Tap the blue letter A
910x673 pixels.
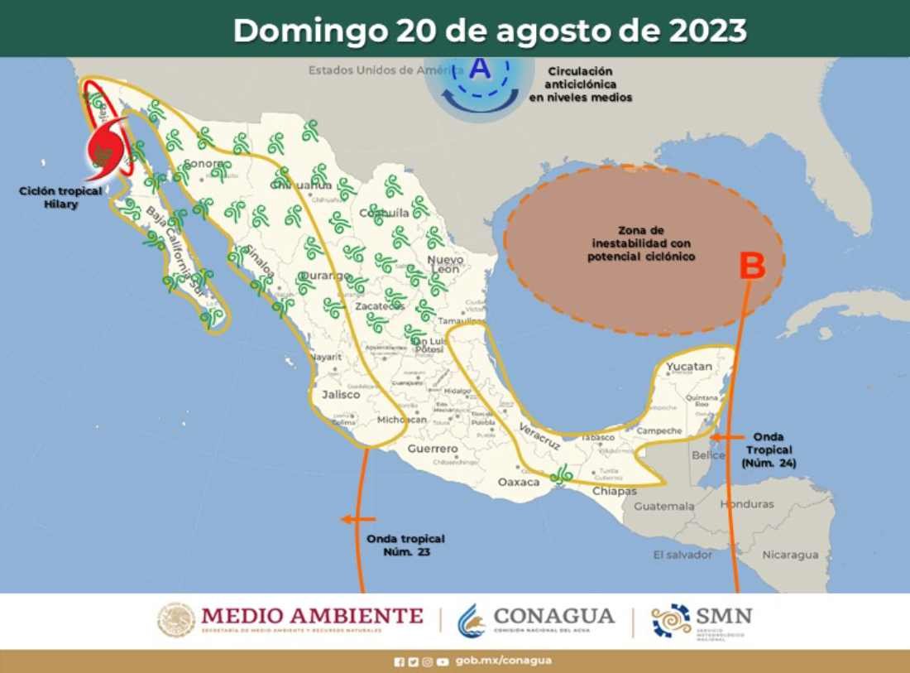coord(480,69)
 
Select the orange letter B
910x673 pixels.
coord(751,266)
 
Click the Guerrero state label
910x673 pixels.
coord(432,449)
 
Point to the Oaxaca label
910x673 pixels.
coord(519,481)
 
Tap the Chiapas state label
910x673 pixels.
coord(615,491)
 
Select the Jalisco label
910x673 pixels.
coord(341,395)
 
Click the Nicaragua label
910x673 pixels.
coord(790,555)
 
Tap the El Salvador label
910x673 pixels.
coord(682,555)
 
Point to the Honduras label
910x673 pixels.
coord(747,504)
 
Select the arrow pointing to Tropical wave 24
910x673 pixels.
coord(724,436)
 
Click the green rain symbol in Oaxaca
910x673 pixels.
coord(563,474)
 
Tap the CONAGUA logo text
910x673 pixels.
coord(553,616)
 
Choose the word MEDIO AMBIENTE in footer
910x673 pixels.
coord(311,616)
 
